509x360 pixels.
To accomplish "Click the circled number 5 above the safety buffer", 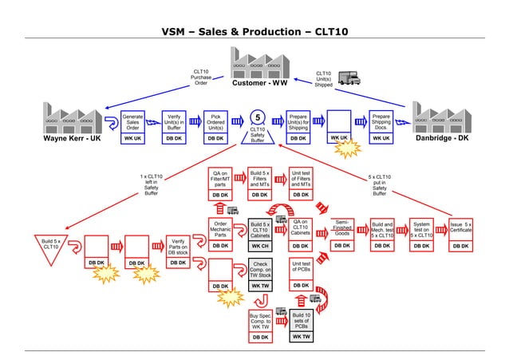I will point(257,117).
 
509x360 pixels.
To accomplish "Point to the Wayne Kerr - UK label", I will point(72,138).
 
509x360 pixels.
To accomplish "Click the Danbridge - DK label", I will point(443,138).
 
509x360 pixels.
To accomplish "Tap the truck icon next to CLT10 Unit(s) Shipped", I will point(347,77).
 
